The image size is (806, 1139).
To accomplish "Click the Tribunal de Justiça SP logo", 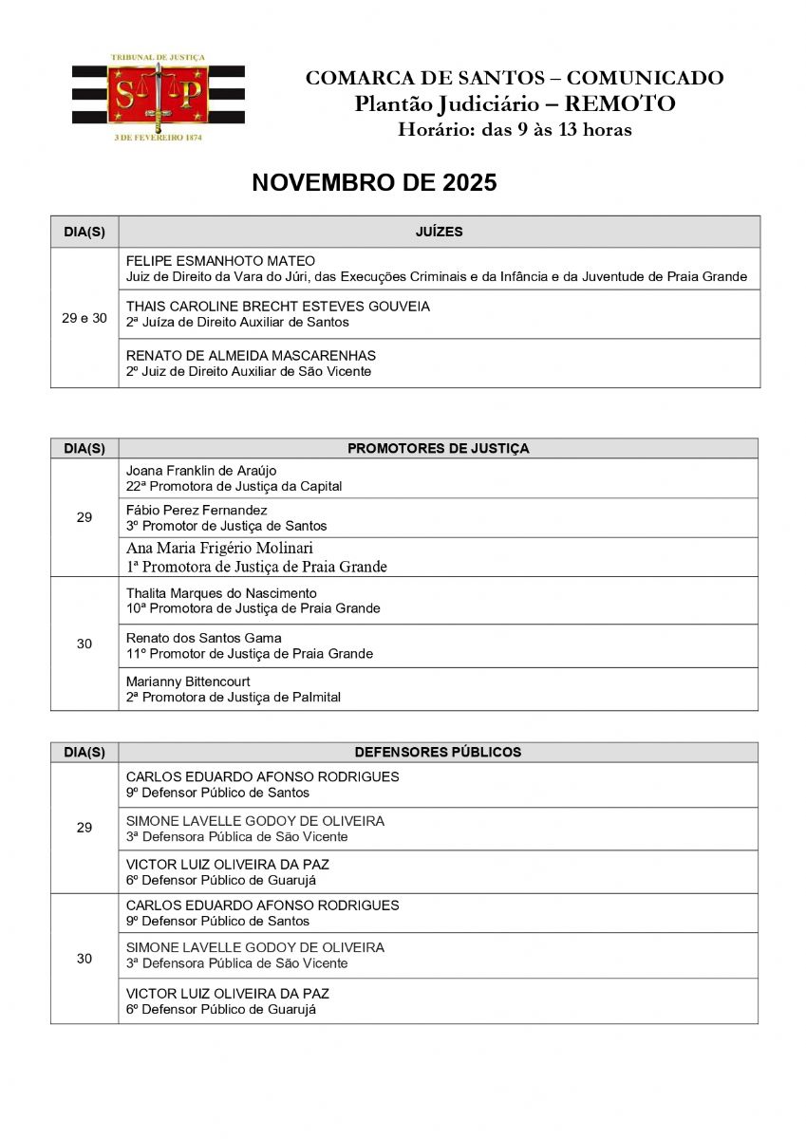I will pyautogui.click(x=158, y=96).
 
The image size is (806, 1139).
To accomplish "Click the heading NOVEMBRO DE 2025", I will pyautogui.click(x=374, y=183).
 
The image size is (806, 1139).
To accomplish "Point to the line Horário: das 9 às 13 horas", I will pyautogui.click(x=515, y=129).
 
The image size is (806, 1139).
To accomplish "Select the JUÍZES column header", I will pyautogui.click(x=439, y=232).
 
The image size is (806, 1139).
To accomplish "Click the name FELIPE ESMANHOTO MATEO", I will pyautogui.click(x=220, y=261).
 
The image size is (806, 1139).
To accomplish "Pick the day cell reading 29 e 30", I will pyautogui.click(x=84, y=318).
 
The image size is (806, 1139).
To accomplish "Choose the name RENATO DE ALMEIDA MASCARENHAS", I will pyautogui.click(x=251, y=356).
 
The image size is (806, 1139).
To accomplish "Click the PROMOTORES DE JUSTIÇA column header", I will pyautogui.click(x=439, y=448).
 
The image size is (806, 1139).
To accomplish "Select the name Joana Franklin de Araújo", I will pyautogui.click(x=201, y=471).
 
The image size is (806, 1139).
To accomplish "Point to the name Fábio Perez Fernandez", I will pyautogui.click(x=197, y=511).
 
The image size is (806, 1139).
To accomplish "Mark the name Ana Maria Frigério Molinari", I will pyautogui.click(x=219, y=549).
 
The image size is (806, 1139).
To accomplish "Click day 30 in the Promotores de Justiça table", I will pyautogui.click(x=84, y=644).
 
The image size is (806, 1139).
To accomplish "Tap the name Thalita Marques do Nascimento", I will pyautogui.click(x=221, y=593).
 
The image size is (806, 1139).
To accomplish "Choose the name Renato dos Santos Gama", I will pyautogui.click(x=204, y=638).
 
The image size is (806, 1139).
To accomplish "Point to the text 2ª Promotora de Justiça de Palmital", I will pyautogui.click(x=234, y=697).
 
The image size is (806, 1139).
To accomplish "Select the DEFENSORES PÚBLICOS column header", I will pyautogui.click(x=438, y=752).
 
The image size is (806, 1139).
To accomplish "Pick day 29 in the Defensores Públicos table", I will pyautogui.click(x=84, y=828).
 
